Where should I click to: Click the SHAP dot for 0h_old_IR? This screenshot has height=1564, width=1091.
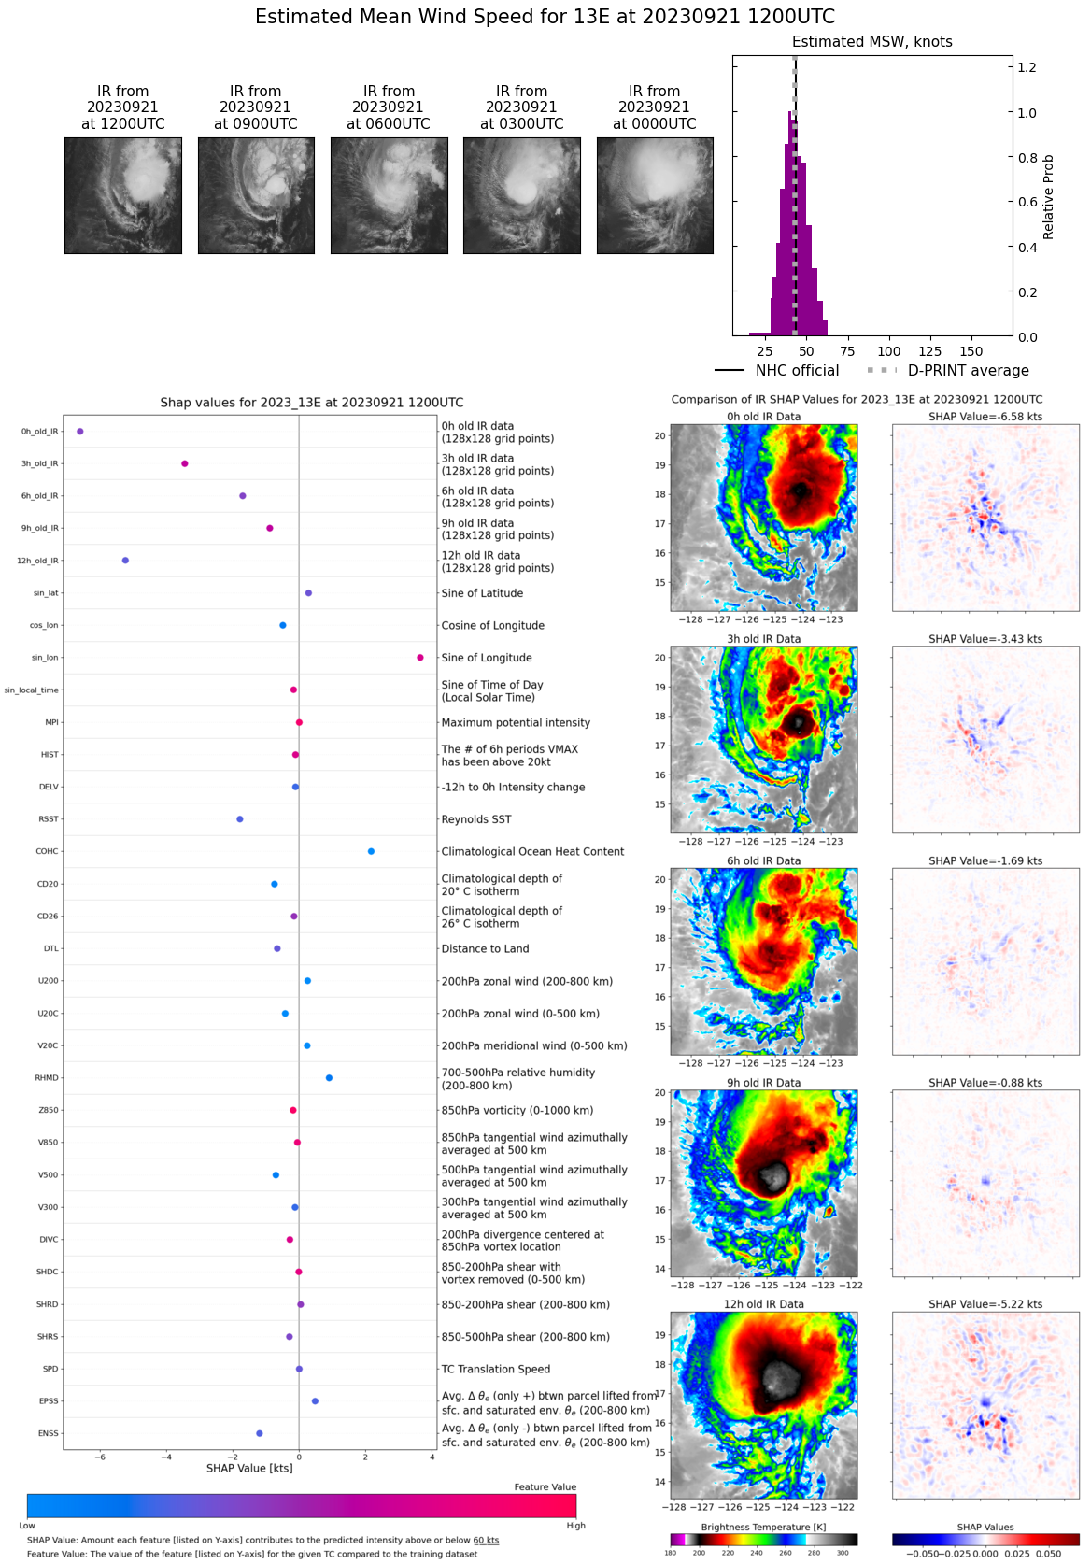(80, 432)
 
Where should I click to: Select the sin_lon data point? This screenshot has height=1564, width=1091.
(420, 658)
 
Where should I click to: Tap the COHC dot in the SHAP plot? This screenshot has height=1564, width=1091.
(371, 851)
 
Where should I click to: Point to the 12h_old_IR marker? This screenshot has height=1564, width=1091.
(125, 561)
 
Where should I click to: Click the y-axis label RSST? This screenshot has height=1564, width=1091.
(48, 819)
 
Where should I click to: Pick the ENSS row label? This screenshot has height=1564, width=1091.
(48, 1433)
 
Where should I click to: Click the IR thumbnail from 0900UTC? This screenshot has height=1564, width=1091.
(256, 195)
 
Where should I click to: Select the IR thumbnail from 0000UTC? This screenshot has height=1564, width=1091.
(655, 195)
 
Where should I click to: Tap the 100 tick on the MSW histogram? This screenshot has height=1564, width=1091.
(889, 352)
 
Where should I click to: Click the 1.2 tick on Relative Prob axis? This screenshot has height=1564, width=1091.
(1027, 67)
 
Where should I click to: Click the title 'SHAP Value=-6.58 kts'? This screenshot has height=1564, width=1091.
(985, 417)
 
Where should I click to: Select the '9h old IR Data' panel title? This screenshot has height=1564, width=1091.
(763, 1083)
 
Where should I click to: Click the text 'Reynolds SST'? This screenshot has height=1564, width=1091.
(476, 819)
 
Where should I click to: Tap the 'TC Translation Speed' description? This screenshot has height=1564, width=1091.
(496, 1369)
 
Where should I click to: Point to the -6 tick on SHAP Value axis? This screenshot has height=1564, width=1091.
(100, 1457)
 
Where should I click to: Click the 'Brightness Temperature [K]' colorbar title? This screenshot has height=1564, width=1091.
(763, 1528)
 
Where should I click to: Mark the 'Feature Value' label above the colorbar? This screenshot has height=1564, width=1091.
(545, 1487)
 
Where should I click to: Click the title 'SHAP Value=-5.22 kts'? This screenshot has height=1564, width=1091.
(985, 1304)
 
